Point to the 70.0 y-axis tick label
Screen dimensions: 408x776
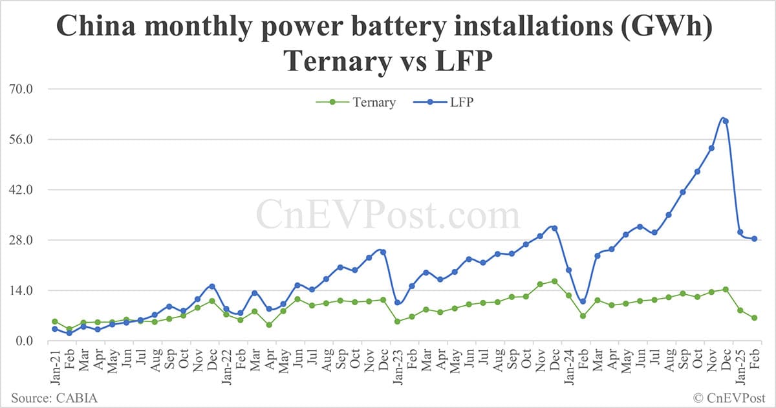point(25,89)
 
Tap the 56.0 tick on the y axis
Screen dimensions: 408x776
point(25,140)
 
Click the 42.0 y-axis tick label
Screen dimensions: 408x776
point(25,190)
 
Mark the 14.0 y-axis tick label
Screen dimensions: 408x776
point(25,290)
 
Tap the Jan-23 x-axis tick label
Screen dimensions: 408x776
point(397,366)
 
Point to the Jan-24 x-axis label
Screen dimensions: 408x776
point(568,366)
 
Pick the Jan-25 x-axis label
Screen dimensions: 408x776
point(740,366)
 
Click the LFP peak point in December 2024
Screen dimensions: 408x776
point(726,121)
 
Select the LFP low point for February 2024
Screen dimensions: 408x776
point(583,301)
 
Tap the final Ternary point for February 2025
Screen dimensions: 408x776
point(754,317)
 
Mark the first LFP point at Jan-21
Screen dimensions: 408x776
point(55,329)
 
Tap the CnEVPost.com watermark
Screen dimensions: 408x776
point(388,214)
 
